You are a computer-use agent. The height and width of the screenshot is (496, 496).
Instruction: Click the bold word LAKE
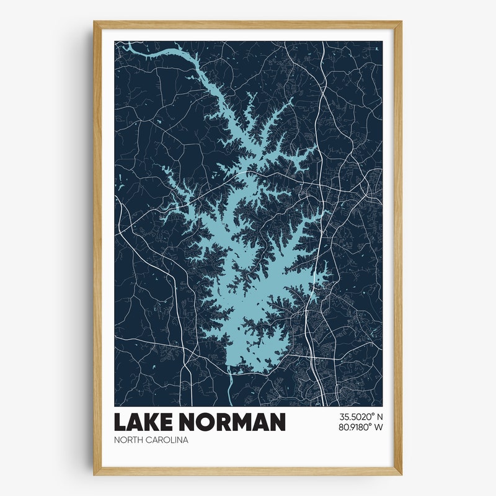click(x=144, y=422)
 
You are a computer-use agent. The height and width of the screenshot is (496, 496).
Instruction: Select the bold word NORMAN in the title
click(x=233, y=422)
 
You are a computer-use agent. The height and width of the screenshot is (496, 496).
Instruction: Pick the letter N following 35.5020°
click(x=379, y=417)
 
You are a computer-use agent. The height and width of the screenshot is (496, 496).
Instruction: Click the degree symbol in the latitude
click(x=372, y=415)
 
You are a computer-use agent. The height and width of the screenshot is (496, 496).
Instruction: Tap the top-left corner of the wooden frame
click(x=94, y=22)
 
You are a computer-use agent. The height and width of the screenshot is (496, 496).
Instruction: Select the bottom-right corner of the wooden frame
click(x=401, y=475)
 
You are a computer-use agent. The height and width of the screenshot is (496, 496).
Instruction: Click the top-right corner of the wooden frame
click(x=401, y=22)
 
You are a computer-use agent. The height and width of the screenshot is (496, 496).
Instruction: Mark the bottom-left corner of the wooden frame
click(x=94, y=475)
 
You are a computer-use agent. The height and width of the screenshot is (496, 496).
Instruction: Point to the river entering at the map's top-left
click(x=120, y=45)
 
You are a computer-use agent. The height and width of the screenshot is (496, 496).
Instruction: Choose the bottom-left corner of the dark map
click(x=115, y=405)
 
